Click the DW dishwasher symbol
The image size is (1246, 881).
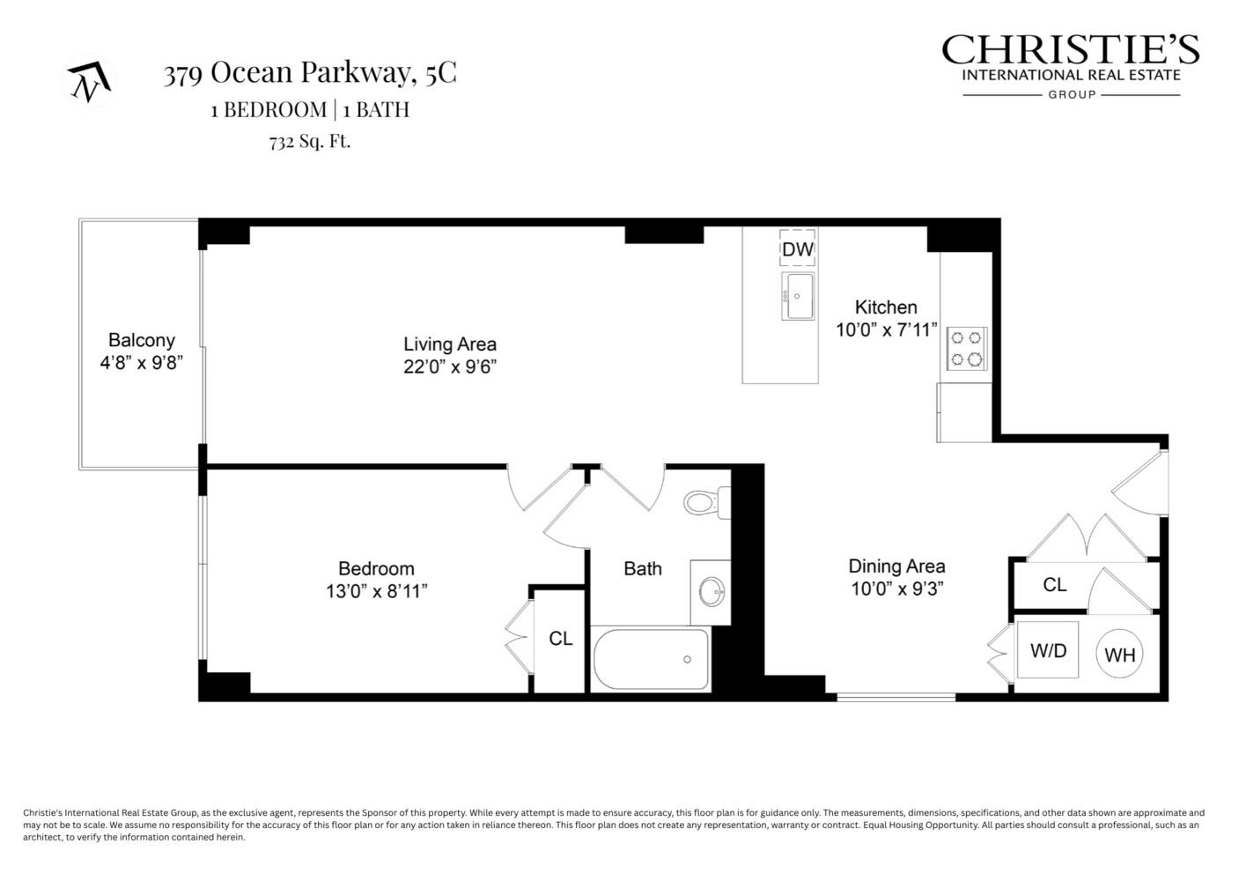[x=798, y=248]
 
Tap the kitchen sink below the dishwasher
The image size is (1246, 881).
[x=797, y=297]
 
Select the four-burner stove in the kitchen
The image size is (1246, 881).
[x=967, y=348]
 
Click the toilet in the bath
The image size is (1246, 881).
[x=704, y=503]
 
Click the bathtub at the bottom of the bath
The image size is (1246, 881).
[x=651, y=660]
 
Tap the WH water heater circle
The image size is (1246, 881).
[x=1119, y=655]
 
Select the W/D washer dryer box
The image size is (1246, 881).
[x=1048, y=651]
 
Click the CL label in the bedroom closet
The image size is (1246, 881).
[x=561, y=639]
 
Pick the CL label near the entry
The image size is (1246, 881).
[x=1054, y=585]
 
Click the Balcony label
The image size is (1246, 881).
[x=141, y=340]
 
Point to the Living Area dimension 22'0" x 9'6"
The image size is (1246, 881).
[x=450, y=367]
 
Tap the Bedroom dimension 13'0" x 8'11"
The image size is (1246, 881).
[x=377, y=591]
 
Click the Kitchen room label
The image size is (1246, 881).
[x=886, y=307]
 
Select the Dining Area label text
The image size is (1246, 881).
[x=896, y=566]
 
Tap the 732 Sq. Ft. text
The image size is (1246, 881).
[x=310, y=141]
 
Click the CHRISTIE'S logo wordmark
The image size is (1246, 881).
[x=1070, y=50]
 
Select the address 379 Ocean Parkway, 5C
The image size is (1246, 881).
[x=310, y=73]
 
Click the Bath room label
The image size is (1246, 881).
[x=643, y=569]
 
